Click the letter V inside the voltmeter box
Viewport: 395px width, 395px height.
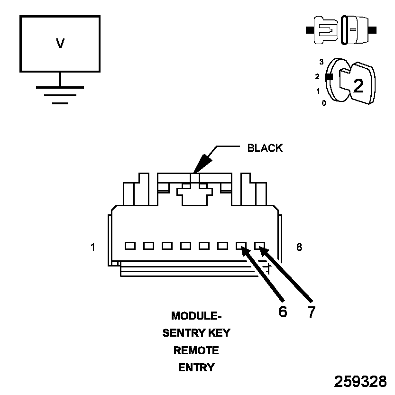pos(60,44)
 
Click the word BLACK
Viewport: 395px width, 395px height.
pos(265,148)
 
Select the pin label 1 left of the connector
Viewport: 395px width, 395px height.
pos(93,247)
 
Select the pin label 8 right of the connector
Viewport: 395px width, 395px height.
pos(299,247)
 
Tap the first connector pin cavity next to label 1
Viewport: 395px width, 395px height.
pos(129,246)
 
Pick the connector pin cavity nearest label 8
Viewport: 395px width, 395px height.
pos(259,246)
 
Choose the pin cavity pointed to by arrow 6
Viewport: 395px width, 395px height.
pos(241,246)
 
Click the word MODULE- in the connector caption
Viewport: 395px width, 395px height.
pos(196,316)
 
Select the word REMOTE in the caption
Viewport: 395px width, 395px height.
pos(196,350)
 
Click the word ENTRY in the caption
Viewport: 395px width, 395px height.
pos(196,367)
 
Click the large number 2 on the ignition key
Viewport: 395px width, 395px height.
pos(358,85)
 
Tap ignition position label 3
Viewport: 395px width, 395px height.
pos(321,62)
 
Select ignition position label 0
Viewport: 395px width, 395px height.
pos(324,102)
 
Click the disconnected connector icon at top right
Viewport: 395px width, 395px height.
pos(341,30)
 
